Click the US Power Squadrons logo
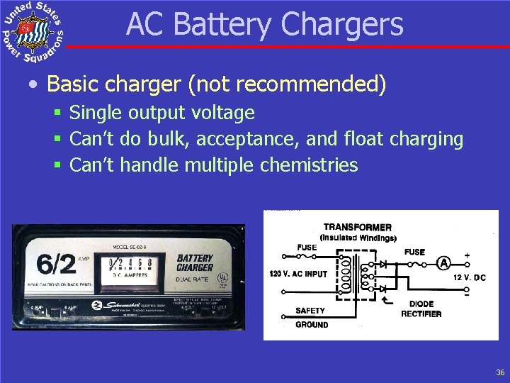coord(33,33)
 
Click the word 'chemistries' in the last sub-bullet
coord(309,165)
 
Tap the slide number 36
coord(500,372)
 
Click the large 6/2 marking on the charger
coord(57,264)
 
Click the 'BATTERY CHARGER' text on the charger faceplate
coord(195,263)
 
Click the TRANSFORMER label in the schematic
coord(358,227)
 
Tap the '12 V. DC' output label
coord(470,277)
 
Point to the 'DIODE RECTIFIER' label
coord(421,309)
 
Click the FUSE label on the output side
coord(415,252)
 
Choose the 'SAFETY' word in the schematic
coord(310,311)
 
